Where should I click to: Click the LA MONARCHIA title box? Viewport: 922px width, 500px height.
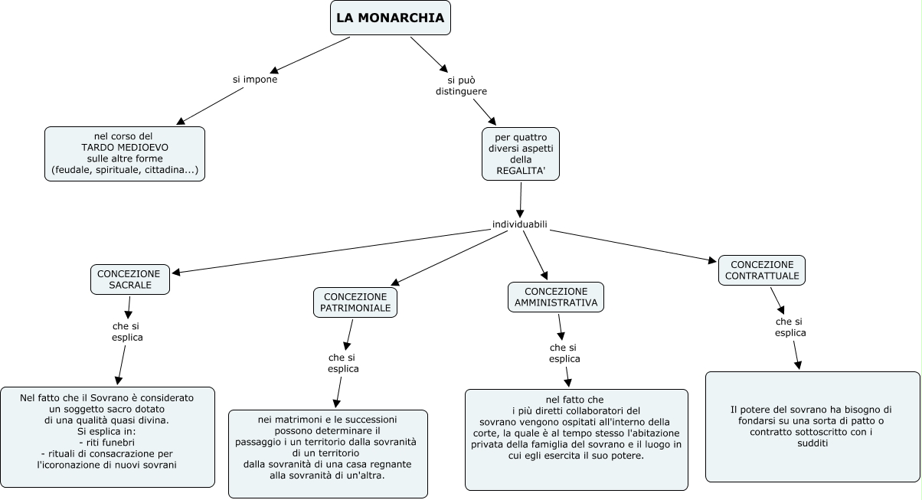(x=390, y=18)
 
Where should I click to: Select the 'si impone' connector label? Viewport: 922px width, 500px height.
(x=255, y=79)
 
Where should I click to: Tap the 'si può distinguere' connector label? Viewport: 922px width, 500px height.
(x=461, y=85)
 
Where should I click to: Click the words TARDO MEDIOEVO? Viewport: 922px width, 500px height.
(x=125, y=147)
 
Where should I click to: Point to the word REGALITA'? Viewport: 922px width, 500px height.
(x=521, y=170)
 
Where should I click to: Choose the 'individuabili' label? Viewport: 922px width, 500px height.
(x=520, y=224)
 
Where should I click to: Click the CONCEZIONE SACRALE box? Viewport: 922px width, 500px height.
(x=129, y=279)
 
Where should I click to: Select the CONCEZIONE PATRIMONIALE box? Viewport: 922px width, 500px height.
(x=357, y=302)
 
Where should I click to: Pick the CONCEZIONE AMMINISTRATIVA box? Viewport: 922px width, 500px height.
(x=556, y=297)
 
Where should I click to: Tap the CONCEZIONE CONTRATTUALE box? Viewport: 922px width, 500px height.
(x=761, y=270)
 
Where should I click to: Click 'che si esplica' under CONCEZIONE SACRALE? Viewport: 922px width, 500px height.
(x=127, y=332)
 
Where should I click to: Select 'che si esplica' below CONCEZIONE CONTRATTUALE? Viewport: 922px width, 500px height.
(x=790, y=327)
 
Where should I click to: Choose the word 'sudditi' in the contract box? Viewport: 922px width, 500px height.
(x=812, y=443)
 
